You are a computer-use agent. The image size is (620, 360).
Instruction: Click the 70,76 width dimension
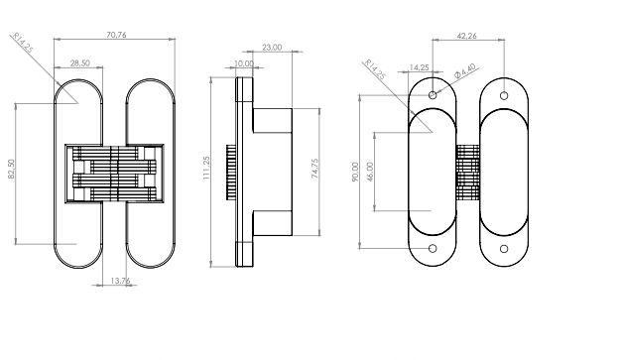tap(116, 35)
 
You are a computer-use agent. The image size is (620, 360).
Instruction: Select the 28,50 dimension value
tap(80, 63)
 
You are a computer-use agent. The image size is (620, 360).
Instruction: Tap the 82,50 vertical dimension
tap(11, 169)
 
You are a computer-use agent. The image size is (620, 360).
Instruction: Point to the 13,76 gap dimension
tap(120, 281)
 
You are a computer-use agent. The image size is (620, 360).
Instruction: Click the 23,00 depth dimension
tap(272, 48)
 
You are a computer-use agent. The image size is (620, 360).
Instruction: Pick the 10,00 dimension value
tap(244, 63)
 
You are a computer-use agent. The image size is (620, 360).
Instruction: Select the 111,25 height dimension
tap(206, 168)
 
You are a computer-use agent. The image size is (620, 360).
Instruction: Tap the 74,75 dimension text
tap(314, 169)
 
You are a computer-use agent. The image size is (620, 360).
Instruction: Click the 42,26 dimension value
tap(466, 36)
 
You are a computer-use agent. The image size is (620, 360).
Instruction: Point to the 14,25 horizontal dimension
tap(419, 67)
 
